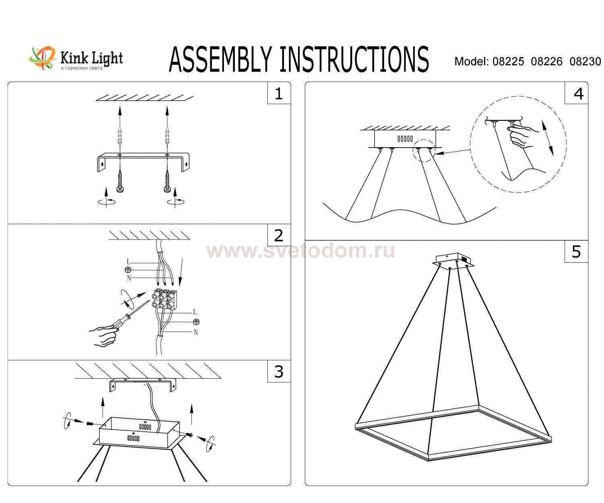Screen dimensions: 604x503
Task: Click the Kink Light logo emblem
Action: point(42,58)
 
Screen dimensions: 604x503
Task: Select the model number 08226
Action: point(547,61)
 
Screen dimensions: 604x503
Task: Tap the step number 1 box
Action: point(279,93)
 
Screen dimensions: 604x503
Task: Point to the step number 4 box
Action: point(576,93)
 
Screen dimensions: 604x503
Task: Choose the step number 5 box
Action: point(576,251)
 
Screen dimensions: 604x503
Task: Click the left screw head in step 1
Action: point(120,189)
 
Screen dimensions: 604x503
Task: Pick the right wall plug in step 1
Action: point(167,135)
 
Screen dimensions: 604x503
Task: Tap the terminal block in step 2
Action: point(164,299)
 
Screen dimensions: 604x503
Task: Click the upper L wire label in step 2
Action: point(129,262)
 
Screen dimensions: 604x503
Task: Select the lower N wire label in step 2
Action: point(196,332)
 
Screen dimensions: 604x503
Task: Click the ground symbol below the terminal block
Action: point(196,322)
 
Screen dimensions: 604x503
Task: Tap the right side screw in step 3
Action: point(190,434)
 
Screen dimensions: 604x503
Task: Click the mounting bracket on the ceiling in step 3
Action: point(143,384)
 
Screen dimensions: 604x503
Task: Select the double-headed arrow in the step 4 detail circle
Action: point(547,138)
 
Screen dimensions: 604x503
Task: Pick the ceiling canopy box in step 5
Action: point(453,260)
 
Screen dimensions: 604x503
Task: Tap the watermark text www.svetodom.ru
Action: point(300,250)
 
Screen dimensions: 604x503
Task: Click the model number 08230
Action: point(585,61)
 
